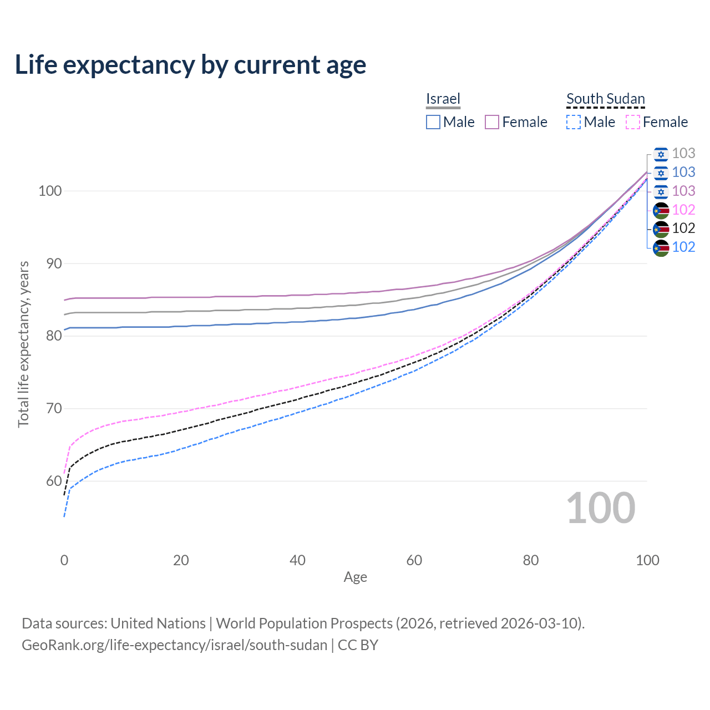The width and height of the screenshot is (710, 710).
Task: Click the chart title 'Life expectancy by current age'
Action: coord(190,65)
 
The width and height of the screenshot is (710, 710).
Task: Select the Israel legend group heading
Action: coord(443,99)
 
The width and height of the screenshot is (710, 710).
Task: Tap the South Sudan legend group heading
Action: coord(605,99)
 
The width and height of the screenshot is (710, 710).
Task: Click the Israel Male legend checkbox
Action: coord(433,122)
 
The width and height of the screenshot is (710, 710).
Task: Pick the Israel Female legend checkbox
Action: coord(492,122)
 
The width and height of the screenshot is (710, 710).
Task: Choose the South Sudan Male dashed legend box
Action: coord(574,122)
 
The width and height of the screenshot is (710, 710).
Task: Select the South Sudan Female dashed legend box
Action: coord(633,122)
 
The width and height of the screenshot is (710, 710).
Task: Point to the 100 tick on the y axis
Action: coord(49,191)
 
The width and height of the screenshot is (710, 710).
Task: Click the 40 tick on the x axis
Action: coord(297,560)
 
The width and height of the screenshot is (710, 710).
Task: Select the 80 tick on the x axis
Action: coord(531,560)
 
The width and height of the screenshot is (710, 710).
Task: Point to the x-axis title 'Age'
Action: coord(355,577)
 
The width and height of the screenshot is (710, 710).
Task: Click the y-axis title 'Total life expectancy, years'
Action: coord(23,344)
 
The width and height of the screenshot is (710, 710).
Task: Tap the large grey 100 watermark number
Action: coord(601,508)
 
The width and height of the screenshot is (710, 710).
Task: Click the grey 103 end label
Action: coord(683,153)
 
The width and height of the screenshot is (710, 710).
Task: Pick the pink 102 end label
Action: coord(683,210)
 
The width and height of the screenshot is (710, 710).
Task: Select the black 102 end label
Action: coord(683,228)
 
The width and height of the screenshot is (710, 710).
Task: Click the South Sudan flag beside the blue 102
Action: coord(661,247)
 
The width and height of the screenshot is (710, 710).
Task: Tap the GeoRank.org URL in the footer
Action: coord(174,645)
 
